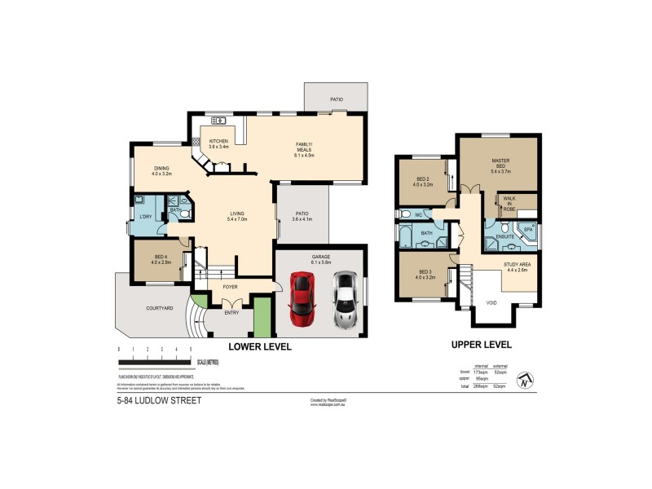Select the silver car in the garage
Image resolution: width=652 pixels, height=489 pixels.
click(x=345, y=300)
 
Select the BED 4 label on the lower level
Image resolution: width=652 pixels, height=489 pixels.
click(x=160, y=259)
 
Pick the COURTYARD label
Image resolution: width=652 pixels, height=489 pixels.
click(x=158, y=308)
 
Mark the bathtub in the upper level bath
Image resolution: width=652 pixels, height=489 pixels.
click(x=405, y=236)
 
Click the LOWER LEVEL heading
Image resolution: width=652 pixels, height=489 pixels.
click(x=259, y=346)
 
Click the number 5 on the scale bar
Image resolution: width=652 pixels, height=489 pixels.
click(x=190, y=349)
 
